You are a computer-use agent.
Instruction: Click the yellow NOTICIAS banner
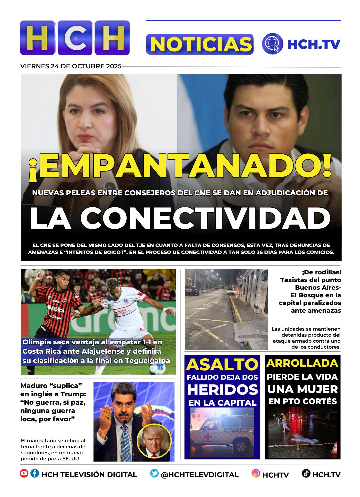(200, 44)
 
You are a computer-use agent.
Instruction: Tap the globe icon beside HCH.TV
(272, 44)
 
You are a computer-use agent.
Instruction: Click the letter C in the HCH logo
(75, 38)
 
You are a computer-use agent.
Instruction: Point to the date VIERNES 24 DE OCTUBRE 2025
(71, 66)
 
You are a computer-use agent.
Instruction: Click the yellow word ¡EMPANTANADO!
(180, 166)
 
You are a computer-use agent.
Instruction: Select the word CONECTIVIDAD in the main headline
(205, 218)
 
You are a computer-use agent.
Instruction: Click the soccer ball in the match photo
(157, 369)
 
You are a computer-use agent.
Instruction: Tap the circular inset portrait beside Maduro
(154, 441)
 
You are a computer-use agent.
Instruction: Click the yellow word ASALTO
(222, 365)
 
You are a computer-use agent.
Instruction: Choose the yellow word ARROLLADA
(302, 363)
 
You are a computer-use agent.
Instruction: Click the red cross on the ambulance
(207, 437)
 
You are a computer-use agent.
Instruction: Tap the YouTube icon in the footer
(24, 473)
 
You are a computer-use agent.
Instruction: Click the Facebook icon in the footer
(35, 473)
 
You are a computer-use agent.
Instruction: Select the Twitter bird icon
(154, 473)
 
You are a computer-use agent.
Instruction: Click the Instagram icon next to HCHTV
(256, 473)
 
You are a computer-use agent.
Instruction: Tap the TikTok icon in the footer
(306, 473)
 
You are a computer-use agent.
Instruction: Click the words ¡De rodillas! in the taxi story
(321, 272)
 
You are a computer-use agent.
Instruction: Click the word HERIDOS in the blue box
(222, 390)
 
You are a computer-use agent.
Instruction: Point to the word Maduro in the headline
(34, 386)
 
